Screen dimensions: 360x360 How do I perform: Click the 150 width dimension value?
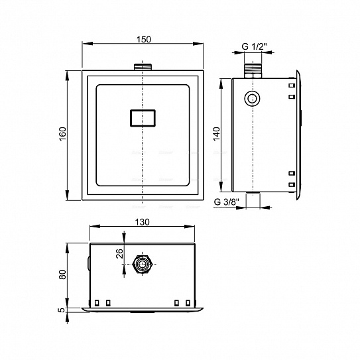(x=144, y=40)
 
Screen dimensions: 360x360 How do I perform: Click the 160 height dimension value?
(x=62, y=134)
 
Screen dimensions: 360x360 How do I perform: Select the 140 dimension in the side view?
(x=216, y=134)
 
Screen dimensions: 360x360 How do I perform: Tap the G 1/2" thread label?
(x=255, y=46)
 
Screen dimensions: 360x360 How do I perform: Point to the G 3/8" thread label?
(x=227, y=202)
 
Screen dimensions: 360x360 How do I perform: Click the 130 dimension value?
(x=142, y=222)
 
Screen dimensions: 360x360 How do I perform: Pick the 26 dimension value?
(x=119, y=253)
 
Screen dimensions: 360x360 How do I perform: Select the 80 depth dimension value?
(x=62, y=274)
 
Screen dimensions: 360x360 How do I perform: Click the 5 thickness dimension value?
(x=61, y=310)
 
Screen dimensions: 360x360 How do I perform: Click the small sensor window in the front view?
(x=143, y=118)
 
